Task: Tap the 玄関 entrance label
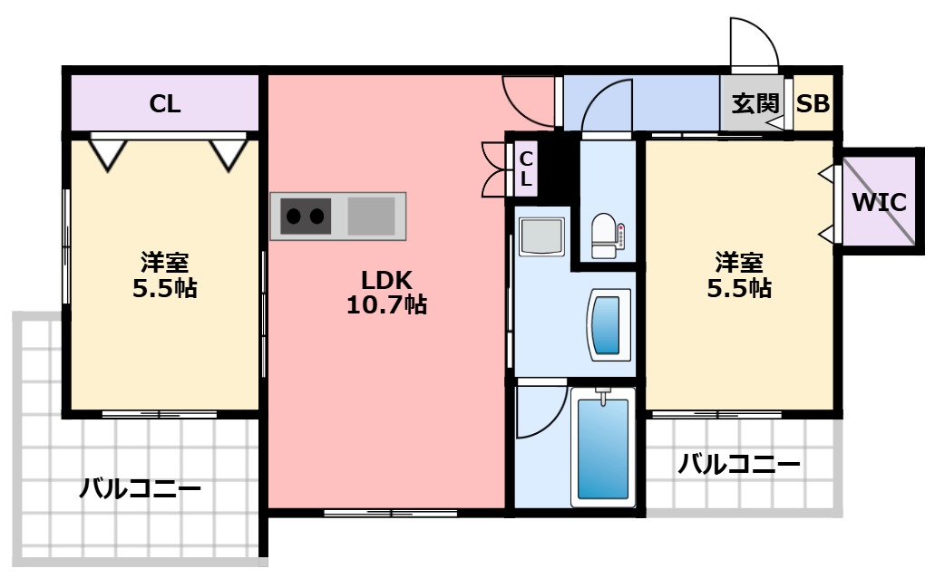click(x=755, y=103)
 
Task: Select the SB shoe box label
click(x=813, y=103)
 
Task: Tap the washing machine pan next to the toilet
click(x=541, y=237)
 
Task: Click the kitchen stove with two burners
click(x=304, y=216)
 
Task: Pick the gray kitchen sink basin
click(x=372, y=216)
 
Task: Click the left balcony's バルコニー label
click(x=140, y=490)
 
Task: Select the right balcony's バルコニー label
click(x=739, y=466)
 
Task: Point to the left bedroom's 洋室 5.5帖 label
click(x=164, y=276)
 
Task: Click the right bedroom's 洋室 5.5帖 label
click(x=738, y=276)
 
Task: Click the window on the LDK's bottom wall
click(x=390, y=514)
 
